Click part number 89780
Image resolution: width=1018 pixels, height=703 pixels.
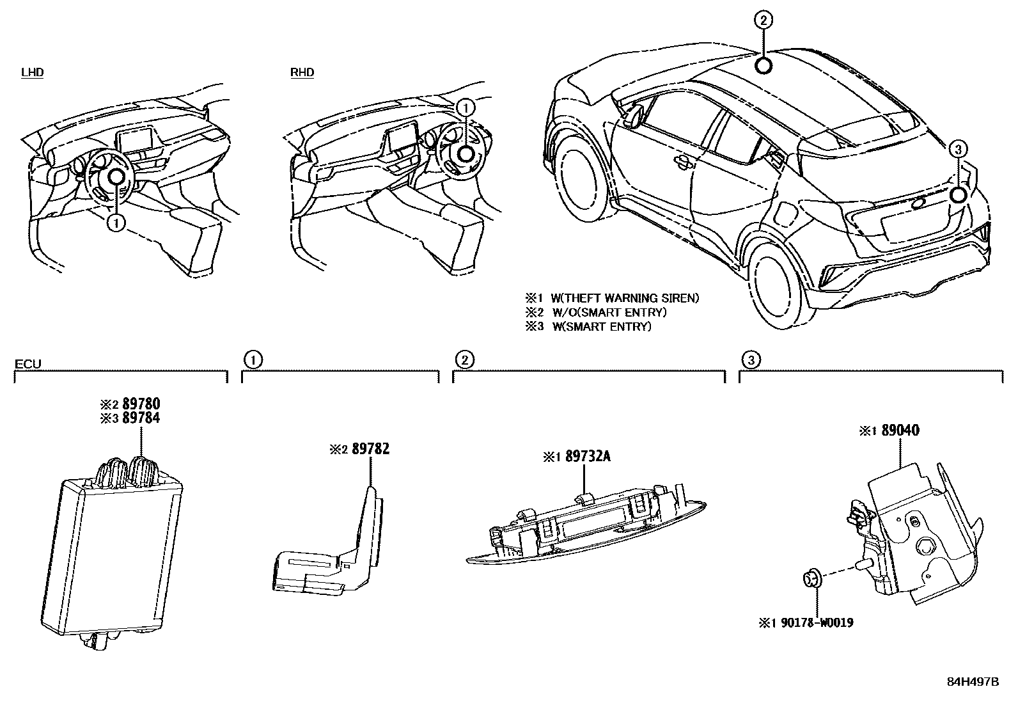141,404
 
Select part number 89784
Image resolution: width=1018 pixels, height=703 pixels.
141,418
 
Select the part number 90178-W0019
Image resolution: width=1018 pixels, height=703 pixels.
815,622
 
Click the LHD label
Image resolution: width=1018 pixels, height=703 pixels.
32,72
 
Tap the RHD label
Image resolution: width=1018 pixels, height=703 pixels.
302,72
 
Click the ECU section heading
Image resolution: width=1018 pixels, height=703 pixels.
27,365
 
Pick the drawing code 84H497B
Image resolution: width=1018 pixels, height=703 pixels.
972,681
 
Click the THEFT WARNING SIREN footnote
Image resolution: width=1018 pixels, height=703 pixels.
612,298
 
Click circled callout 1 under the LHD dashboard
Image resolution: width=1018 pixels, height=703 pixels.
115,223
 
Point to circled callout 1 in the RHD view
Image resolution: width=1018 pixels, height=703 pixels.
466,107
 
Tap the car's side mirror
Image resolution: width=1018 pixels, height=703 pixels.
634,115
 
